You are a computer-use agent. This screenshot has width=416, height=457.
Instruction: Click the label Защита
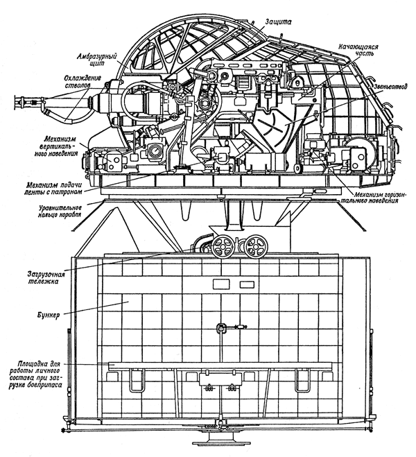coord(278,21)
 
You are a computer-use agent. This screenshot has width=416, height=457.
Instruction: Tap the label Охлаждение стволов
coord(82,82)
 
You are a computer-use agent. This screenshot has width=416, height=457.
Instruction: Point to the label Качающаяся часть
coord(358,51)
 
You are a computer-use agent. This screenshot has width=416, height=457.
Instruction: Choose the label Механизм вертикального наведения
coord(60,146)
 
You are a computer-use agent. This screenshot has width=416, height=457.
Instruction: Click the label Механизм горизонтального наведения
coord(376,198)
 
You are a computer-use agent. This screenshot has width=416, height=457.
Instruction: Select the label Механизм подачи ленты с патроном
coord(53,189)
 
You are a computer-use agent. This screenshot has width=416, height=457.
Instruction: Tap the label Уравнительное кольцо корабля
coord(59,212)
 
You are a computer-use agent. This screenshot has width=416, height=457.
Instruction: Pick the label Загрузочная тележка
coord(46,278)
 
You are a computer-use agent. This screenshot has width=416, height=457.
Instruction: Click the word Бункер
coord(49,315)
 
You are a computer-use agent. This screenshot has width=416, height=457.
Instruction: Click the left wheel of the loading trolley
coord(223,247)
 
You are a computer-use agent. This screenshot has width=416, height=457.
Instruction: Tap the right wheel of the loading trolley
coord(256,247)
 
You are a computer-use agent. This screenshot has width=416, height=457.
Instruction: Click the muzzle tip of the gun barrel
coord(15,102)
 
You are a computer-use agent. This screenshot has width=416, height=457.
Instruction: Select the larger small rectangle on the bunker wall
coord(221,284)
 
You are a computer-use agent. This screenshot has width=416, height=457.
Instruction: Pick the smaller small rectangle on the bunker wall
coord(247,284)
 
